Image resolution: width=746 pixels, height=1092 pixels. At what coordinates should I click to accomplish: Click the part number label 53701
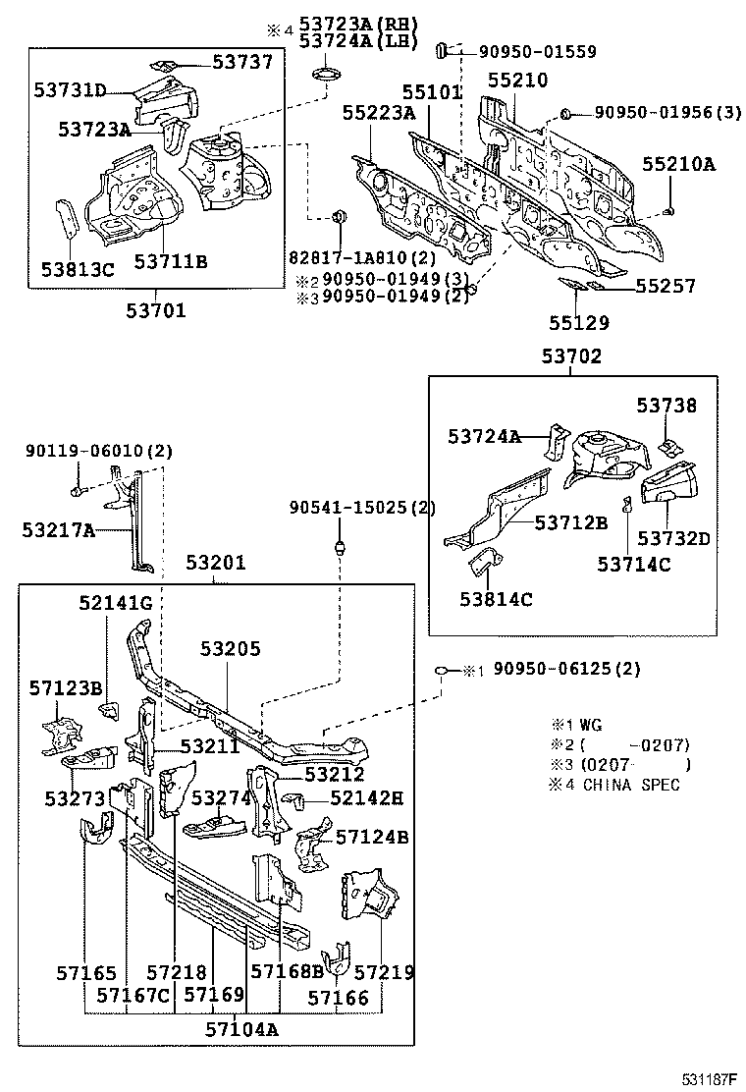click(x=155, y=311)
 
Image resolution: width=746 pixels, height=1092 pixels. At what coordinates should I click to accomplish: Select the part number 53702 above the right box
click(x=571, y=357)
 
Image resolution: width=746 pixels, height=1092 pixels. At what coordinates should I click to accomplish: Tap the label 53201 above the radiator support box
click(x=216, y=564)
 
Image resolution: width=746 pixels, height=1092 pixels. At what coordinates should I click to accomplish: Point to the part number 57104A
click(x=241, y=1029)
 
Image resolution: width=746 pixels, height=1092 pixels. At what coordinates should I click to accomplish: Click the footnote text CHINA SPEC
click(x=632, y=784)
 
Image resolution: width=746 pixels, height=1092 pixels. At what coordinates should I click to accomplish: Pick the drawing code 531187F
click(x=710, y=1080)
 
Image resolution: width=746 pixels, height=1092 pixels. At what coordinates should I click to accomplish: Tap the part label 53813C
click(x=78, y=267)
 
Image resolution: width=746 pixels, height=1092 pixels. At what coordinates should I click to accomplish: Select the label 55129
click(x=578, y=321)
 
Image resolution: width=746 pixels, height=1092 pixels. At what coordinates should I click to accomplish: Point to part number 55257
click(x=665, y=287)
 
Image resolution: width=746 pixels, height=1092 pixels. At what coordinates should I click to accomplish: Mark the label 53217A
click(x=58, y=530)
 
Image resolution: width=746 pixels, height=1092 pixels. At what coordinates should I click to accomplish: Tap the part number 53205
click(x=231, y=649)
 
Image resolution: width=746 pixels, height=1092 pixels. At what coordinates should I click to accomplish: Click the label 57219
click(x=384, y=972)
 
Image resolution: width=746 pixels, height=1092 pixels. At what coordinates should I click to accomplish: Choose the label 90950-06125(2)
click(x=566, y=670)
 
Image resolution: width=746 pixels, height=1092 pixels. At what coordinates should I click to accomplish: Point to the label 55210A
click(x=678, y=164)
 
